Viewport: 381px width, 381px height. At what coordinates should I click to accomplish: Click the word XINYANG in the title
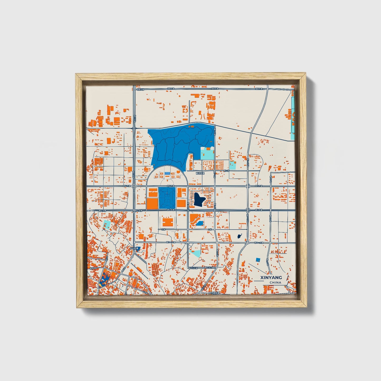[x=271, y=278]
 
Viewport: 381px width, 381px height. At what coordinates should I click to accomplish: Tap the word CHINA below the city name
[x=275, y=283]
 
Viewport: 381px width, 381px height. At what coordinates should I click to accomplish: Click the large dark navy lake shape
[x=199, y=199]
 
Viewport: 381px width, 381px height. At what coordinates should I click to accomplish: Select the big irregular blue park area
[x=179, y=144]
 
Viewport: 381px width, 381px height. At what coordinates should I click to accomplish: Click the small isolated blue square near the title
[x=258, y=260]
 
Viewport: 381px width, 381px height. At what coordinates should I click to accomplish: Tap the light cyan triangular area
[x=196, y=254]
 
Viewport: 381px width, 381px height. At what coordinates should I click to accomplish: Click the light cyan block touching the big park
[x=207, y=154]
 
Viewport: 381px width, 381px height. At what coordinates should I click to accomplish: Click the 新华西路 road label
[x=94, y=268]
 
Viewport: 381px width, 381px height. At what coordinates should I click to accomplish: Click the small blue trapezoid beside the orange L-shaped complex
[x=200, y=224]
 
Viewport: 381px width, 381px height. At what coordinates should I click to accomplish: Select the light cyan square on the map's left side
[x=107, y=224]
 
